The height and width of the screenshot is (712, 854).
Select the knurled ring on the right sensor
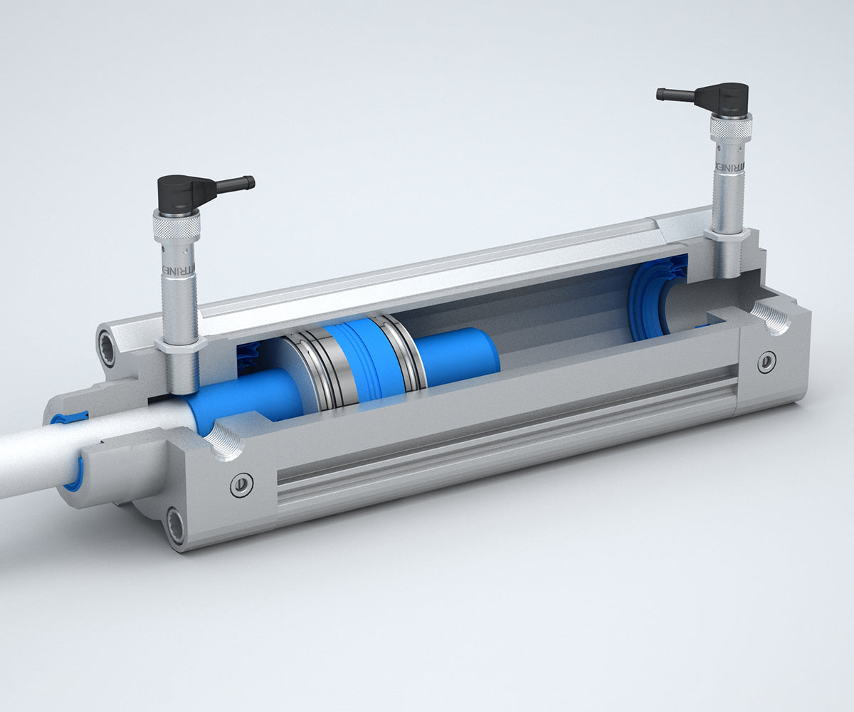(x=731, y=128)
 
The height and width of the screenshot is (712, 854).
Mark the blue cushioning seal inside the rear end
(x=651, y=299)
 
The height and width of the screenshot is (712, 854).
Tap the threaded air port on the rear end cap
(x=771, y=318)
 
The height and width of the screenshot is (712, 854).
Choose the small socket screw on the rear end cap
(x=766, y=362)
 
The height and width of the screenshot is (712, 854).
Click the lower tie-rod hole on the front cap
(x=175, y=525)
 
